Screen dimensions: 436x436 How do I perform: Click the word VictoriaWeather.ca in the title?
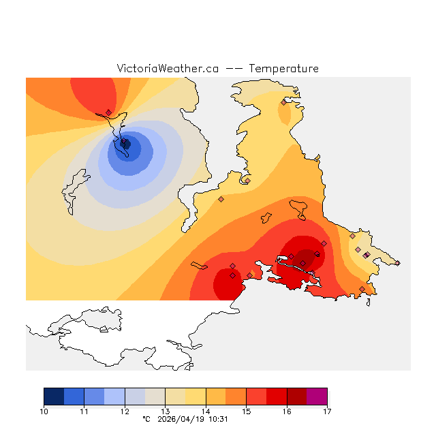tap(168, 69)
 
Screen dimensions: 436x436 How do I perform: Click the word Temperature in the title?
tap(283, 69)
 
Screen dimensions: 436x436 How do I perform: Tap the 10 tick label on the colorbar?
tap(44, 411)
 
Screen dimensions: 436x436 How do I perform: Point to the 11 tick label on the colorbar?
tap(84, 411)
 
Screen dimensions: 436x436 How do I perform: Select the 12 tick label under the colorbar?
tap(125, 411)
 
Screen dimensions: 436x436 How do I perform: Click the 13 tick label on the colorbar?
tap(166, 411)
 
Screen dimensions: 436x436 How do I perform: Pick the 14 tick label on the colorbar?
tap(206, 411)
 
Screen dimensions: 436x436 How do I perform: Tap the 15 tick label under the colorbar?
tap(246, 411)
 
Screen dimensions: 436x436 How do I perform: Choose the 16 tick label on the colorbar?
tap(287, 411)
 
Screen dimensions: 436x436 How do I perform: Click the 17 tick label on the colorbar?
tap(327, 411)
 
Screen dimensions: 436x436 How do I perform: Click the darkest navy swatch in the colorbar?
tap(54, 396)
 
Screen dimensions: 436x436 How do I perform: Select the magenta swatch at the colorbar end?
tap(317, 396)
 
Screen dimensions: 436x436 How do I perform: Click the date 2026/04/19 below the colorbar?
tap(178, 420)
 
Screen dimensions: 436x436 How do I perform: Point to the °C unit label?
tap(146, 420)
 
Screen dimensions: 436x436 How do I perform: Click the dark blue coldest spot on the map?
tap(125, 143)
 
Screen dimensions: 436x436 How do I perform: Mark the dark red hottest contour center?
tap(306, 258)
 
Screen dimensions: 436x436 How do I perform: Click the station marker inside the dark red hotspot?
tap(303, 263)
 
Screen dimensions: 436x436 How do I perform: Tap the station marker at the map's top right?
tap(284, 103)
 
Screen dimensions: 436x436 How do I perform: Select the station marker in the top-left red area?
tap(108, 112)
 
